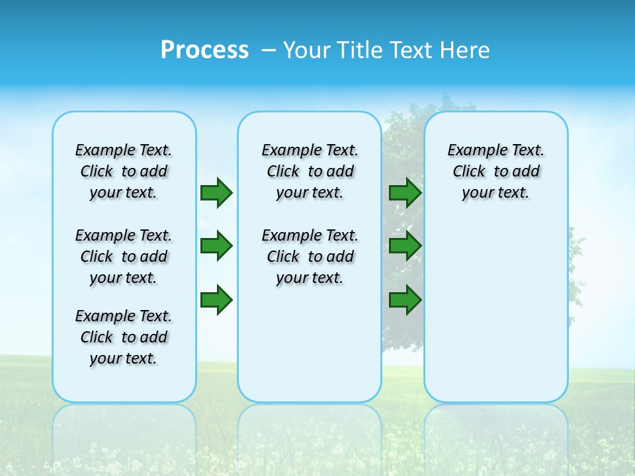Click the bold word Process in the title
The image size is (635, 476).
204,50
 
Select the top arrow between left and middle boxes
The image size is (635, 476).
216,192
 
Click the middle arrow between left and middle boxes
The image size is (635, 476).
216,246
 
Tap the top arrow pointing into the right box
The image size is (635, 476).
405,192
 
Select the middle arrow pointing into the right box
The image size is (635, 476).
405,246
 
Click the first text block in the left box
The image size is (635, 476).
124,171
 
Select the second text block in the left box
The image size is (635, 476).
124,257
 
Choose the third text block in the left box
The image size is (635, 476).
124,337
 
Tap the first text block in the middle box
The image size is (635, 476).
310,171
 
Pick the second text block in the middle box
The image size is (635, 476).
310,257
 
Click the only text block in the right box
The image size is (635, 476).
495,171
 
